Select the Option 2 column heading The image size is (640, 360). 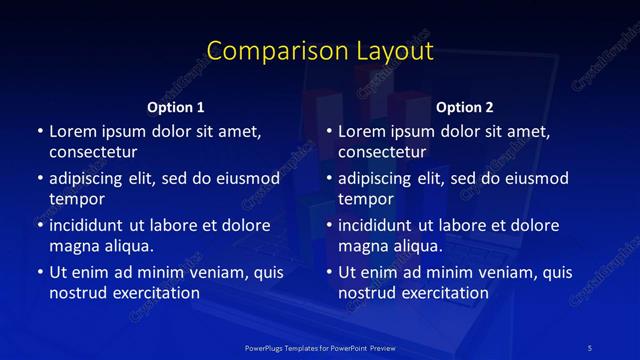point(465,107)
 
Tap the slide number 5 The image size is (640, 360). point(591,346)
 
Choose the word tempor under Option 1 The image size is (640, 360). point(77,200)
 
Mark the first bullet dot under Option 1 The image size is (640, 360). point(39,132)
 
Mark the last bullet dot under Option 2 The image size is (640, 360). point(329,272)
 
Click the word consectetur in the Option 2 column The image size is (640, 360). point(383,152)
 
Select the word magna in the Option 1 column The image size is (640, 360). point(73,246)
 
